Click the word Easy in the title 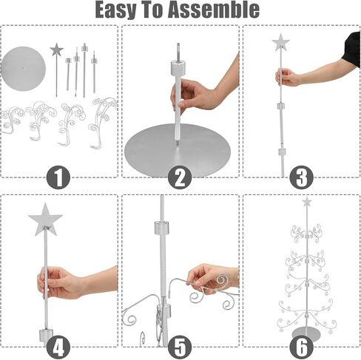115,10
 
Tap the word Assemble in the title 214,10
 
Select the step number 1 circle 58,177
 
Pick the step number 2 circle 180,177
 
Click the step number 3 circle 301,177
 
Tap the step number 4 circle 58,347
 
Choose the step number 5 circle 180,347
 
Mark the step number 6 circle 301,347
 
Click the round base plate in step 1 24,69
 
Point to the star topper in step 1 56,50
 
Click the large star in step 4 45,220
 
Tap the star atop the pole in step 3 280,42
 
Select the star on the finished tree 307,202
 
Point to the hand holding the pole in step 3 288,77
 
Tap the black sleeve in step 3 351,49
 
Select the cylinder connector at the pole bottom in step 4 46,334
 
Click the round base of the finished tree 306,333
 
